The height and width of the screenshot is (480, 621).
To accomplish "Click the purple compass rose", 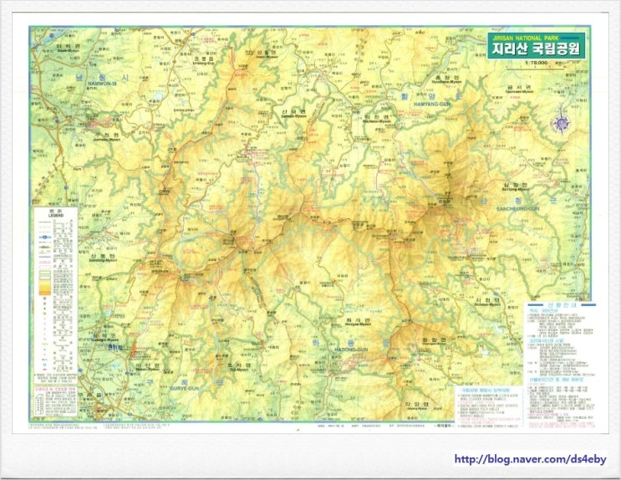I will pos(561,123).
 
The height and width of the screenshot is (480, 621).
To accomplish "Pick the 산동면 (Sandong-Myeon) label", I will pos(99,258).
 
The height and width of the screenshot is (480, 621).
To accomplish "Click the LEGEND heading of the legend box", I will pos(54,217).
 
